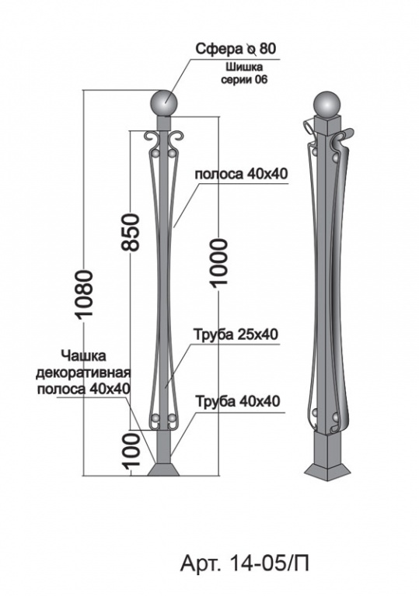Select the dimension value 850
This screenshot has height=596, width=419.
[131, 232]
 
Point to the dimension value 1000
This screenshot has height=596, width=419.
[219, 262]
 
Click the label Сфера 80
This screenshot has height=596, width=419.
[236, 49]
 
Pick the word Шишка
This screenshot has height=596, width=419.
[245, 68]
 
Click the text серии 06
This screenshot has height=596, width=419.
[245, 80]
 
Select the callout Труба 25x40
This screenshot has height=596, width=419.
[237, 334]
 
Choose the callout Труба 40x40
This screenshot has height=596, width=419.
[238, 401]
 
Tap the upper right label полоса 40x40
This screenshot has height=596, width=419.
[242, 174]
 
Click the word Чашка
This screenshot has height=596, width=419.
[83, 356]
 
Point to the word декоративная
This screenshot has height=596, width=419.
[83, 372]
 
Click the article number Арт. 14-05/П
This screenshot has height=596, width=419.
[244, 563]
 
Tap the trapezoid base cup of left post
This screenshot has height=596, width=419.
[163, 469]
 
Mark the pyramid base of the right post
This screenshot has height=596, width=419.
[327, 471]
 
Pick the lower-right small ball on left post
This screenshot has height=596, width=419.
[172, 419]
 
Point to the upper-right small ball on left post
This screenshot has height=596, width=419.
[173, 153]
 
